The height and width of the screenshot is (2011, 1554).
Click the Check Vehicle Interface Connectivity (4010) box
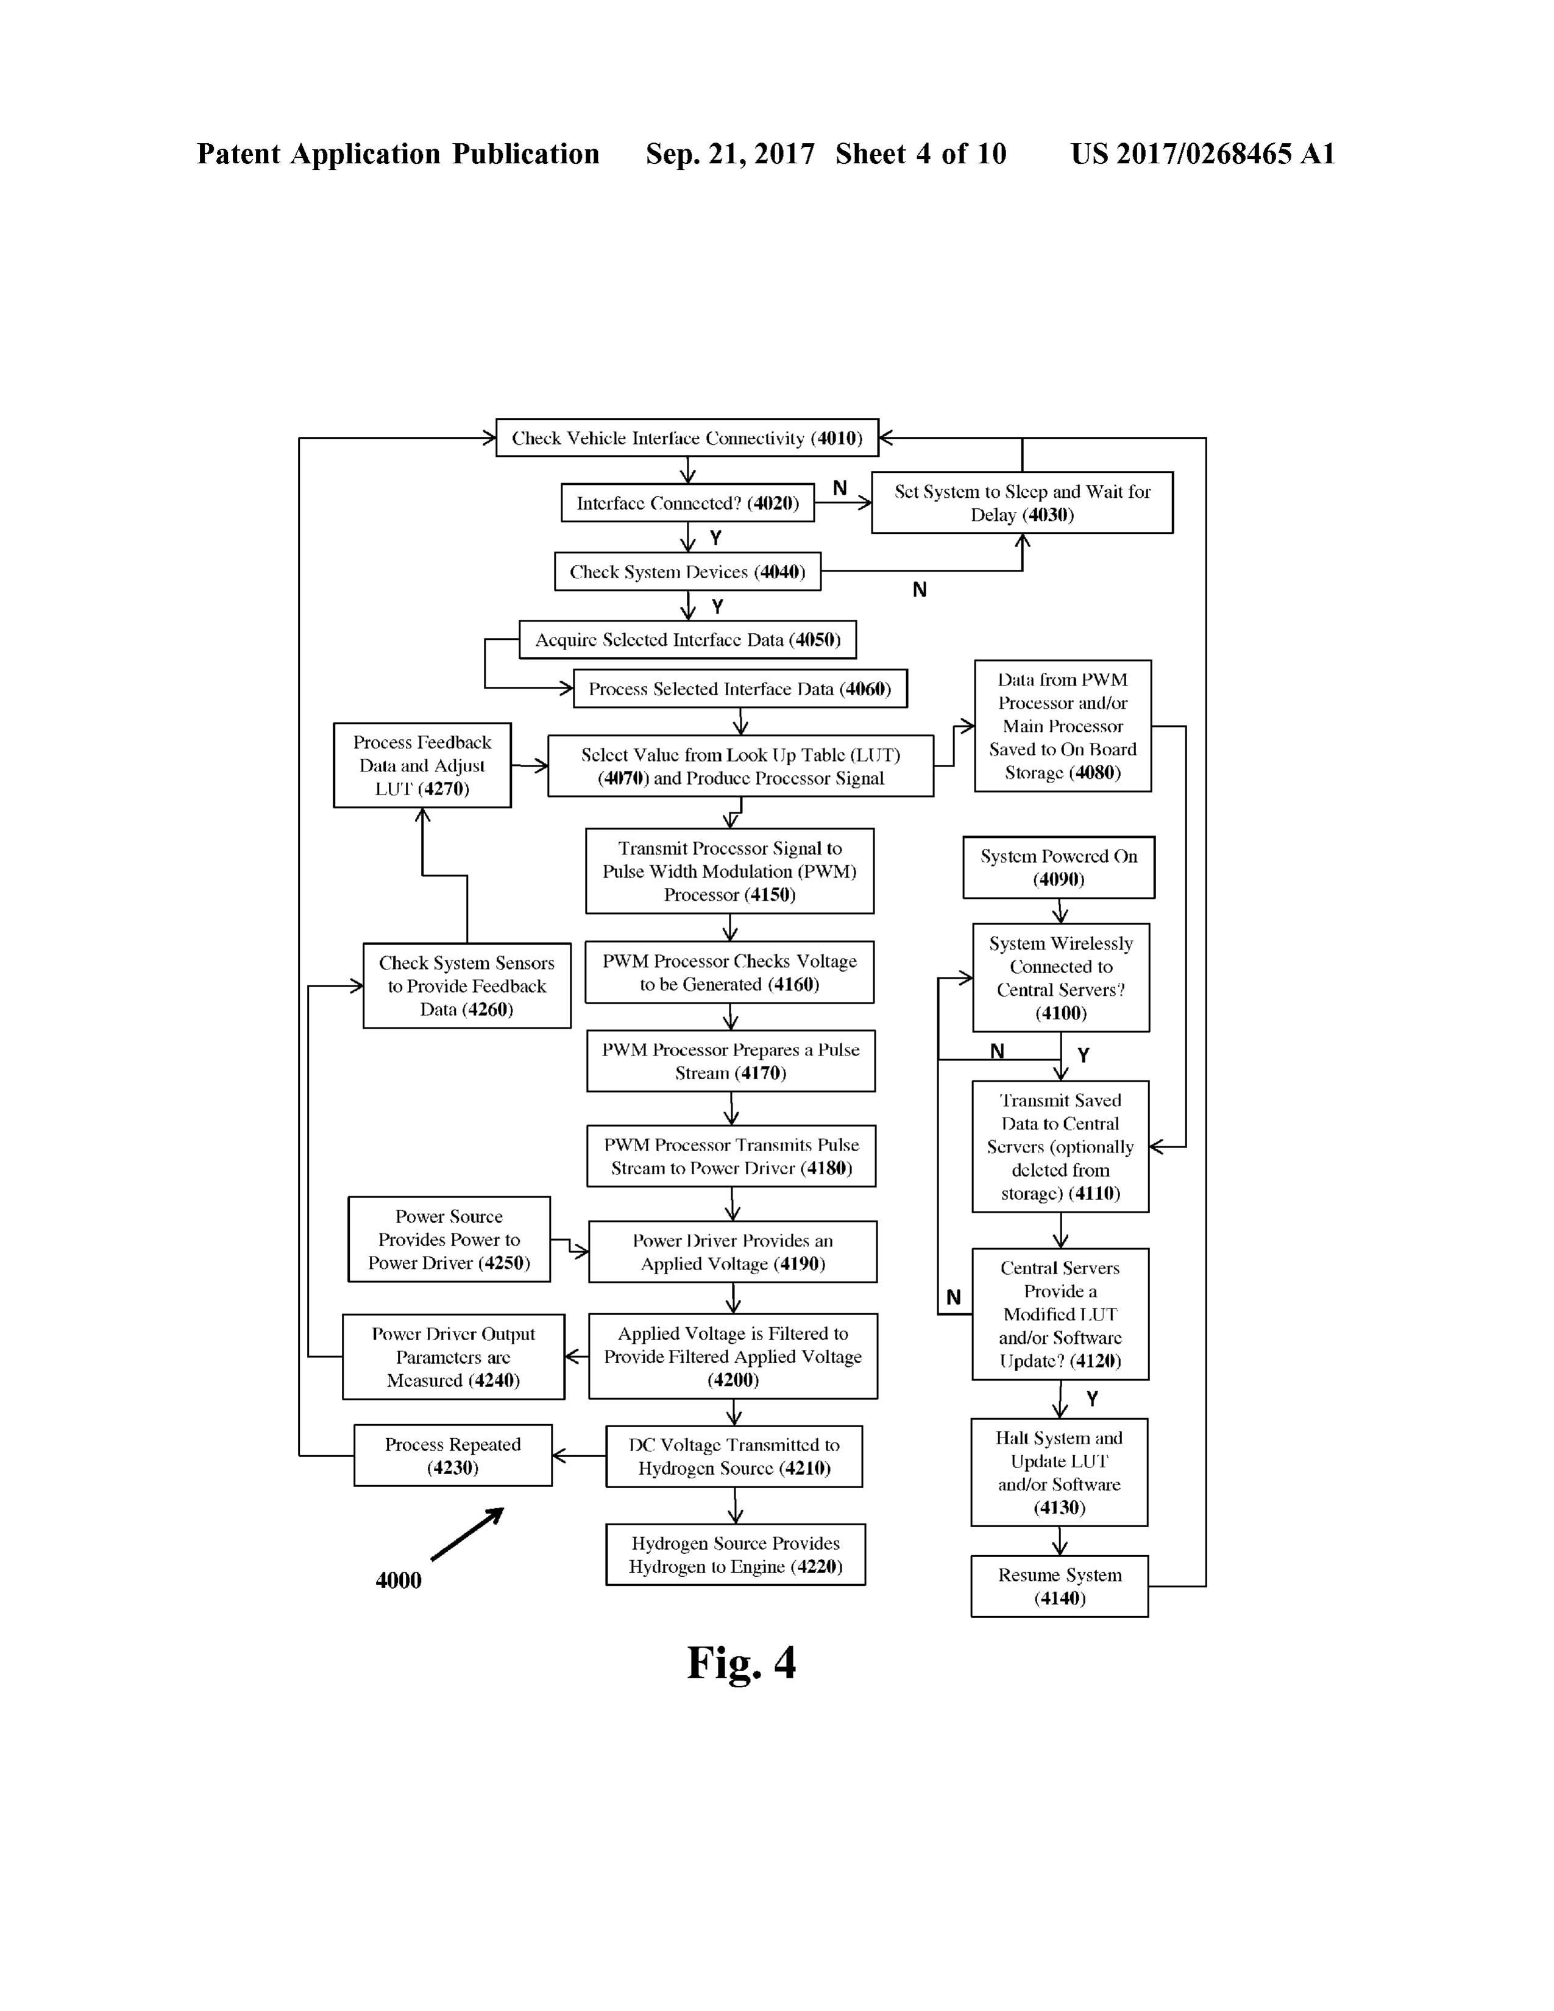click(x=687, y=438)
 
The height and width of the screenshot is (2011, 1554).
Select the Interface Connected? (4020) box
click(x=687, y=503)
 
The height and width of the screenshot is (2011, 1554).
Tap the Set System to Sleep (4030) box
click(x=1022, y=503)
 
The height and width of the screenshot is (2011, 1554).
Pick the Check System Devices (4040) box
click(x=687, y=572)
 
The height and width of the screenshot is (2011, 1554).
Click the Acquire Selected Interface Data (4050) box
click(x=687, y=640)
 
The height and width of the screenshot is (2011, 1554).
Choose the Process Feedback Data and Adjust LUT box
click(x=422, y=765)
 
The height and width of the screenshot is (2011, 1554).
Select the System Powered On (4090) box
click(x=1059, y=867)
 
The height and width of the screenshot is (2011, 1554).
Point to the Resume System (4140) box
click(x=1060, y=1586)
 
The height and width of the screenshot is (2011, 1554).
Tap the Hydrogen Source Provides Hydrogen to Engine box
click(x=736, y=1555)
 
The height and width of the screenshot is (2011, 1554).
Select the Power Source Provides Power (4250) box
click(x=449, y=1240)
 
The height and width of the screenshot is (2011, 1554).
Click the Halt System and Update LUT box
click(x=1060, y=1472)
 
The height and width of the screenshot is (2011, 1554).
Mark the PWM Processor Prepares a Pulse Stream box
click(x=731, y=1061)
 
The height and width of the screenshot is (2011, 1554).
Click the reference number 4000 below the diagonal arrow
click(x=399, y=1581)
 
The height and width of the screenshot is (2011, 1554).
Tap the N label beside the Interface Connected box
click(x=840, y=488)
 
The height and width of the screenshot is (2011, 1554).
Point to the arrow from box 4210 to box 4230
click(x=579, y=1456)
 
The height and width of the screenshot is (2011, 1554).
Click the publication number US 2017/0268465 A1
click(x=1202, y=154)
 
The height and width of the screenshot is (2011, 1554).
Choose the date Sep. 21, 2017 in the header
click(x=730, y=154)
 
